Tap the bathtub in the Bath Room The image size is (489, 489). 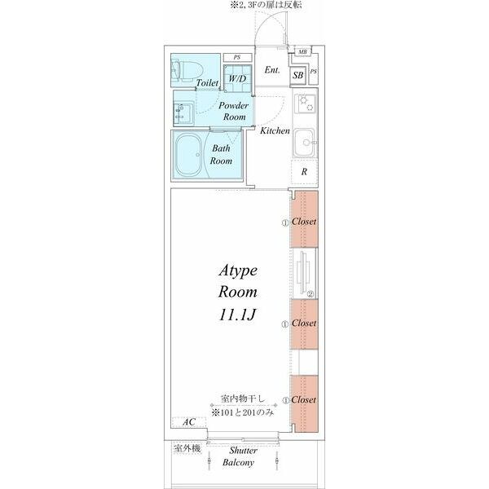(188, 155)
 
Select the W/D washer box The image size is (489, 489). (238, 78)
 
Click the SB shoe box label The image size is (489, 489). (297, 75)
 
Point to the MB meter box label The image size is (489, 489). (302, 52)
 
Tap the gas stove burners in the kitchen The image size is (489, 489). (306, 104)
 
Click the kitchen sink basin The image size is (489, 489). (305, 143)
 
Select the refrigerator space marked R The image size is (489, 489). (304, 171)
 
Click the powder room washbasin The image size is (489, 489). (183, 113)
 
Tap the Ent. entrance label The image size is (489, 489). (272, 70)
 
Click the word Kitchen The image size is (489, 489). (275, 130)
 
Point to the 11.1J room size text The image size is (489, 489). (238, 315)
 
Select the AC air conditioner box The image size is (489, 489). (189, 422)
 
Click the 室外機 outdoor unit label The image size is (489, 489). (187, 448)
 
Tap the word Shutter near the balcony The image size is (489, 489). (243, 451)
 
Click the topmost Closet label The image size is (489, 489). (304, 222)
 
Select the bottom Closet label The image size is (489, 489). (303, 399)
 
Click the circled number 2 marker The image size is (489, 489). (311, 293)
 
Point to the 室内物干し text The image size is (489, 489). (243, 399)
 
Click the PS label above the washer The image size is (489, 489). (237, 58)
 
